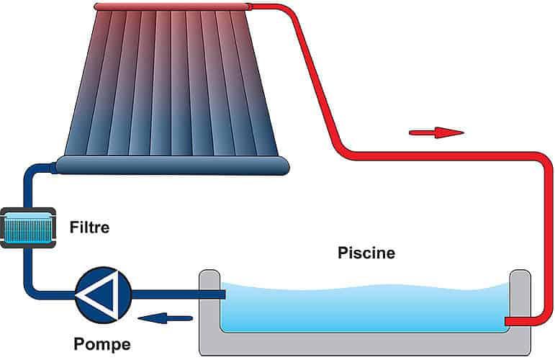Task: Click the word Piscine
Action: (366, 253)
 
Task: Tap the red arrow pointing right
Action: (436, 132)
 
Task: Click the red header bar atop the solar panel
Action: (173, 7)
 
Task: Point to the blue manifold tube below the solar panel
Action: (173, 166)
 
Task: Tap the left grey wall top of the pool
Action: (209, 276)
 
